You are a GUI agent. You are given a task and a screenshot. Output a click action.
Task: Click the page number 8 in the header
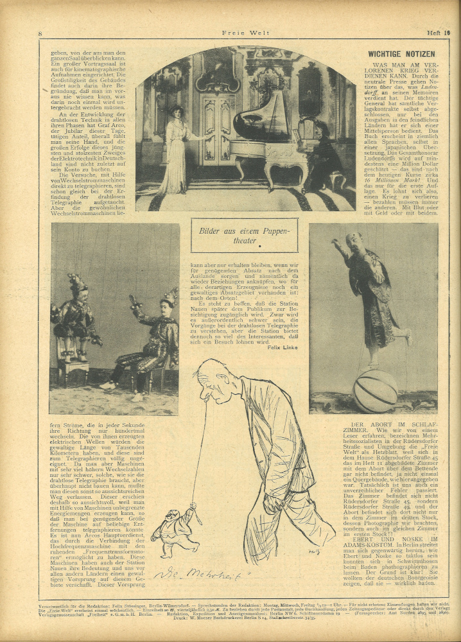[40, 33]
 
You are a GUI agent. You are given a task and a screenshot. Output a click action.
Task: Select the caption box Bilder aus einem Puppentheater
[244, 235]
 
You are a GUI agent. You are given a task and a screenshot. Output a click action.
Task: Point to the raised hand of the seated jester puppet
[134, 299]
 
